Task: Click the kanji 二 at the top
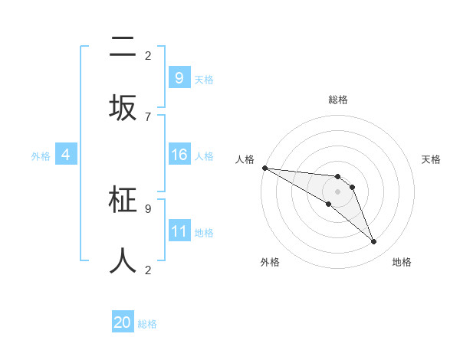[x=123, y=48]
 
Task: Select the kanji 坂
[x=123, y=108]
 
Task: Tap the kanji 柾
[x=123, y=200]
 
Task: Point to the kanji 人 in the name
[x=123, y=260]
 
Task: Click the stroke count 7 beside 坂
[x=148, y=116]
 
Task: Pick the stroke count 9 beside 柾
[x=148, y=208]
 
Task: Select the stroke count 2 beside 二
[x=148, y=56]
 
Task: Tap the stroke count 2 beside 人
[x=148, y=270]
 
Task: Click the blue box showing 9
[x=179, y=78]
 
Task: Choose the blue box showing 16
[x=179, y=155]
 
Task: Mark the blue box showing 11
[x=179, y=231]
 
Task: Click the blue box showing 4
[x=65, y=155]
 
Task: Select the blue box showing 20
[x=123, y=322]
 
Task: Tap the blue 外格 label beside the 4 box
[x=41, y=156]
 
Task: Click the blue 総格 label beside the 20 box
[x=147, y=324]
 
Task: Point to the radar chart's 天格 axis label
[x=431, y=159]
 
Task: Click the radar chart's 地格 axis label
[x=402, y=262]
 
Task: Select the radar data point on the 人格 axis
[x=264, y=168]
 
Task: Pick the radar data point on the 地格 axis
[x=373, y=242]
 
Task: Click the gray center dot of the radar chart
[x=337, y=191]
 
